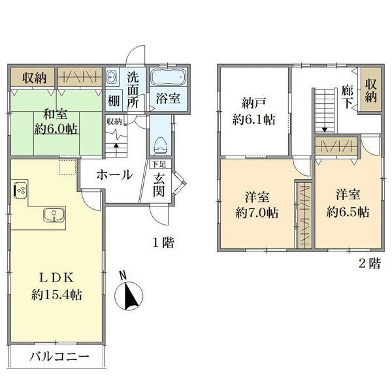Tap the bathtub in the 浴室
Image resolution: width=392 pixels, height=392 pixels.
[x=169, y=79]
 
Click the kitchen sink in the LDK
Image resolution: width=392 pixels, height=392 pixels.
[x=52, y=215]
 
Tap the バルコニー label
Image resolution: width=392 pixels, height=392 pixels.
[x=59, y=358]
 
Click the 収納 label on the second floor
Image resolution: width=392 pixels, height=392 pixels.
[x=370, y=91]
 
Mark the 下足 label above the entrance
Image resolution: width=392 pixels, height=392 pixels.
[x=159, y=165]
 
